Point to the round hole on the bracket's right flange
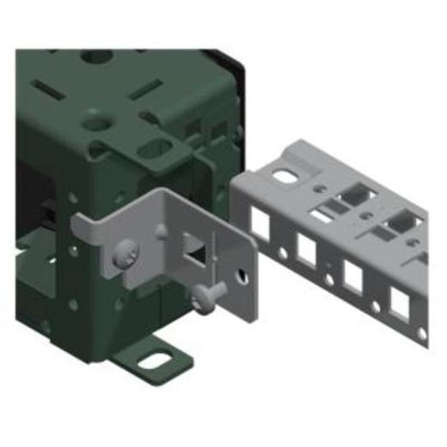click(245, 276)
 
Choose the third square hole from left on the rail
click(352, 274)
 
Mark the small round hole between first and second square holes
click(281, 255)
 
